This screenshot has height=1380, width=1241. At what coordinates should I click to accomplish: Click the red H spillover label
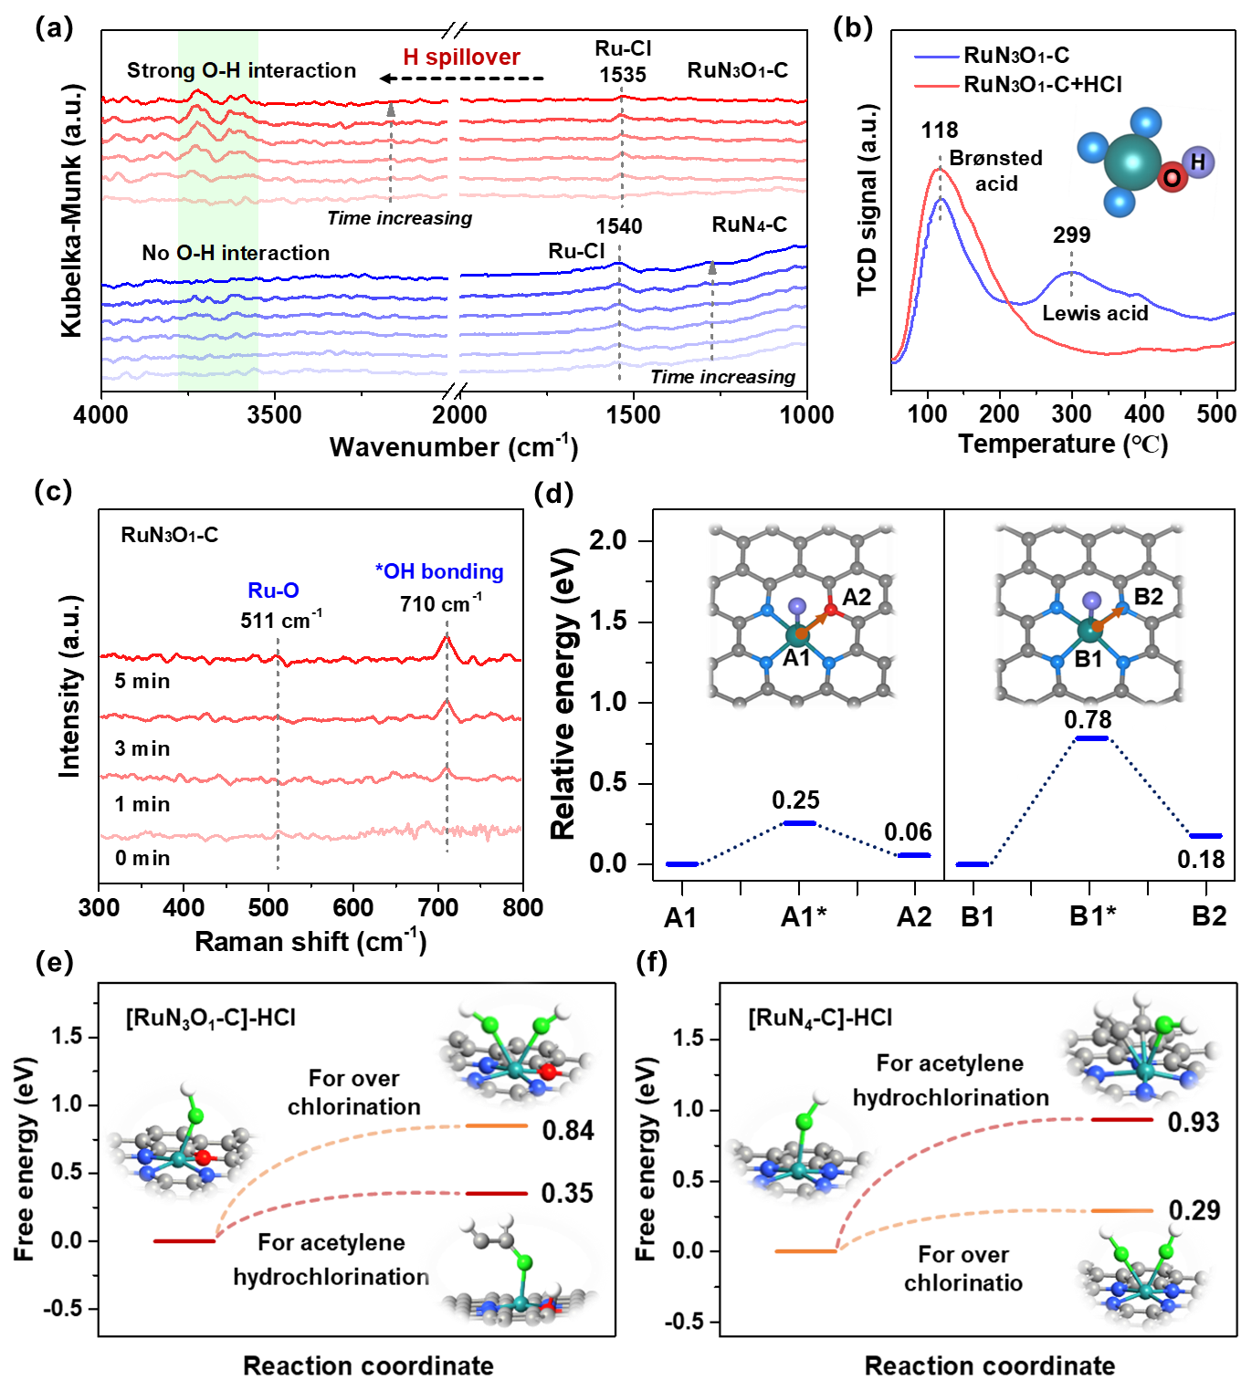(461, 57)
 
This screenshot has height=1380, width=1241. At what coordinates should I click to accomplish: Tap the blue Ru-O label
(273, 591)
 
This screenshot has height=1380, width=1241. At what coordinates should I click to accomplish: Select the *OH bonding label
(439, 571)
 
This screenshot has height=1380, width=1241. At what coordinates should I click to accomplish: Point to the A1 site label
(796, 658)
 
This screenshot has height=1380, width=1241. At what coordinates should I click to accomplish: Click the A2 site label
(857, 598)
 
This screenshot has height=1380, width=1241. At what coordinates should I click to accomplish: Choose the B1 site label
(1089, 659)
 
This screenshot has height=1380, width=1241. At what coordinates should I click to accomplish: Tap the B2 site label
(1148, 597)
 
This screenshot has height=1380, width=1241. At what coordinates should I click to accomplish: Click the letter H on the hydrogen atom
(1198, 162)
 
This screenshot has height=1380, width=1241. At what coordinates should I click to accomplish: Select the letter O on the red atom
(1172, 178)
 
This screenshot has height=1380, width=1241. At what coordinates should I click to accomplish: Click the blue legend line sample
(937, 57)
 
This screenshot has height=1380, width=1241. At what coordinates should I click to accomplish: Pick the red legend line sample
(937, 86)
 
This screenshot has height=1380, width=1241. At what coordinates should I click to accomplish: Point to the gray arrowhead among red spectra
(392, 110)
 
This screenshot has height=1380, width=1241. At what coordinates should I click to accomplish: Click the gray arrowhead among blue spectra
(712, 267)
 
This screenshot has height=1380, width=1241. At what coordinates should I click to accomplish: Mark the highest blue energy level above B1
(1092, 737)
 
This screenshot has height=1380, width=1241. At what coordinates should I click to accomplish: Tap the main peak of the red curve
(941, 170)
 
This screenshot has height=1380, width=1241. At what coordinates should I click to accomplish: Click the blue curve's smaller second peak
(1072, 272)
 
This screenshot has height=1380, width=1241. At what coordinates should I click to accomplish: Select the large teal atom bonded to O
(1132, 162)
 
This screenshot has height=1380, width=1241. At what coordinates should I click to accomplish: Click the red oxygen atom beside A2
(830, 609)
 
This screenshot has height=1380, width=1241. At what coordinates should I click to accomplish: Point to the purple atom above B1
(1091, 601)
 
